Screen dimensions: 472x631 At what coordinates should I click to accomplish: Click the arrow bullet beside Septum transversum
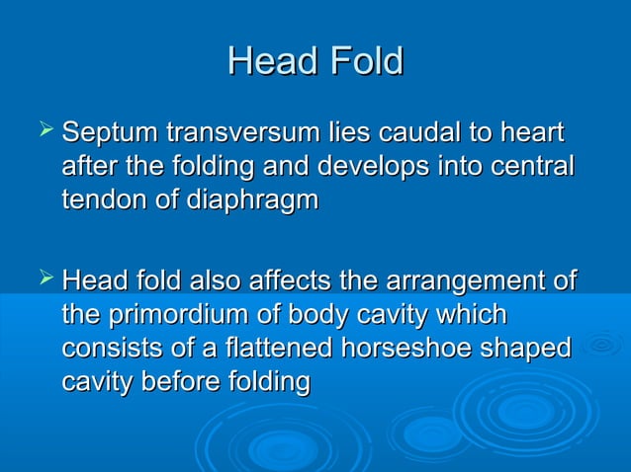(44, 131)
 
